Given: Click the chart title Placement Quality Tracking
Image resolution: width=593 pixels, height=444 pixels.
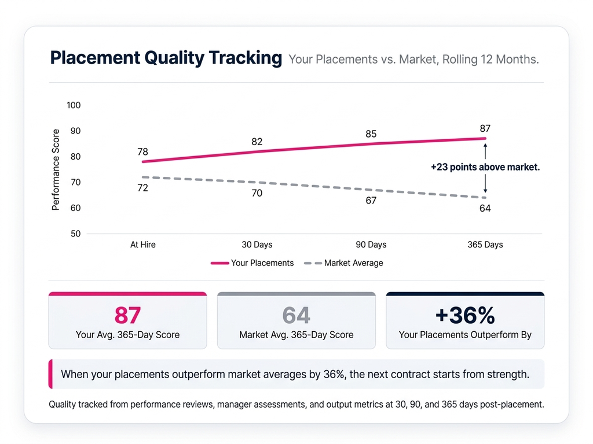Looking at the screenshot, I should click(x=166, y=58).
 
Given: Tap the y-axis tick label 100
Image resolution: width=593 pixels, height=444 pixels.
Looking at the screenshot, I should click(x=74, y=105).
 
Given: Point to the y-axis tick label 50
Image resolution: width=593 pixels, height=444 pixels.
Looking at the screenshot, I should click(x=75, y=234).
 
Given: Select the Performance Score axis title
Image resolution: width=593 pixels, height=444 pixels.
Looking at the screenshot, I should click(x=56, y=169).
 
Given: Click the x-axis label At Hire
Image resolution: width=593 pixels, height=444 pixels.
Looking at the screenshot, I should click(x=142, y=245).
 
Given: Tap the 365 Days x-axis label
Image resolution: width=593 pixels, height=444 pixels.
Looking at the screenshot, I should click(x=485, y=245).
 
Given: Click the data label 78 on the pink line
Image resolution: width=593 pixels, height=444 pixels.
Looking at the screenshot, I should click(x=142, y=152).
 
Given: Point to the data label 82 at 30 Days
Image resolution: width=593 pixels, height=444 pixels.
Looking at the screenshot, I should click(x=257, y=142).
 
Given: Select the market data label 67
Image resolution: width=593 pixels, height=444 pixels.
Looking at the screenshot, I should click(x=371, y=201).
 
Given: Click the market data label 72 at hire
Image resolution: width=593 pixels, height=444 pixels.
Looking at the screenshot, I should click(x=142, y=188).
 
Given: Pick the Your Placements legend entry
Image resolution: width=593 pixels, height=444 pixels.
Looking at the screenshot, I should click(x=252, y=263).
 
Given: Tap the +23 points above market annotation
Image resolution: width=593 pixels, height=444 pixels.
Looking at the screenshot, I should click(x=485, y=167).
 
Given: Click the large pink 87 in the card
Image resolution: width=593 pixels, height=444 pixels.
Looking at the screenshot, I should click(x=127, y=316).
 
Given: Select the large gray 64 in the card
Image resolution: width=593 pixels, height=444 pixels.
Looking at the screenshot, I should click(x=296, y=316).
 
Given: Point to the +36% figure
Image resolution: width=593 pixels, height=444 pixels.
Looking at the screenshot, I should click(x=465, y=316).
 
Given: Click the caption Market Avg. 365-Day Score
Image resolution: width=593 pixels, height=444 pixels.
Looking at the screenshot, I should click(x=296, y=335).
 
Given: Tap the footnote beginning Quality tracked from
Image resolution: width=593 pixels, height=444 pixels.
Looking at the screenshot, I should click(x=296, y=404).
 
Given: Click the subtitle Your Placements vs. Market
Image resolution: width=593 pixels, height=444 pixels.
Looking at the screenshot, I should click(x=413, y=60).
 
